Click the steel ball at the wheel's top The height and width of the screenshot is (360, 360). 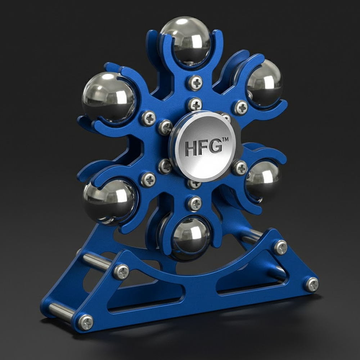pyautogui.click(x=185, y=40)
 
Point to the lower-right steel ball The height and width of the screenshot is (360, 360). pyautogui.click(x=263, y=180)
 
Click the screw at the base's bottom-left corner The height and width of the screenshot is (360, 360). pyautogui.click(x=85, y=322)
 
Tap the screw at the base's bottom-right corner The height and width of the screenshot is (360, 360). pyautogui.click(x=312, y=284)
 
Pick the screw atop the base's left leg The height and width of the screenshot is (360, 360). pyautogui.click(x=121, y=271)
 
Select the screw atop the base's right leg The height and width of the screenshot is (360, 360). pyautogui.click(x=280, y=247)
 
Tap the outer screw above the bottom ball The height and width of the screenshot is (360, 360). pyautogui.click(x=195, y=204)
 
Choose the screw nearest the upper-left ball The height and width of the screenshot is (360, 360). pyautogui.click(x=148, y=118)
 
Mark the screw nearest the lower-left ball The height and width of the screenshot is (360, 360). pyautogui.click(x=148, y=179)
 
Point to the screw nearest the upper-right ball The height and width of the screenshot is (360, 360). pyautogui.click(x=240, y=107)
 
